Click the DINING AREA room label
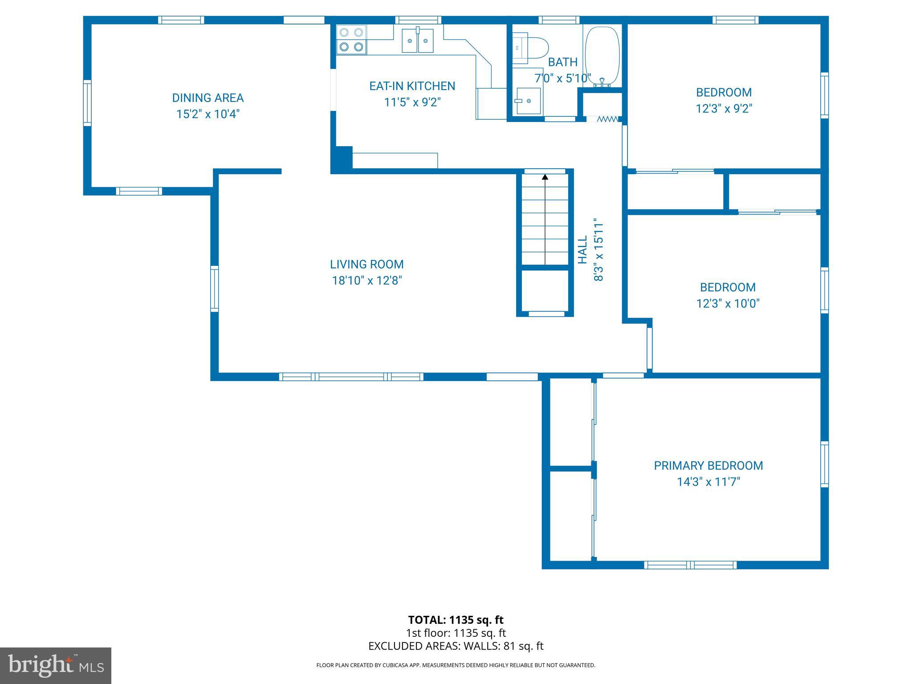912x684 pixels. (208, 98)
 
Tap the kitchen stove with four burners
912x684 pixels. (351, 40)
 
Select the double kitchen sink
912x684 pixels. (417, 41)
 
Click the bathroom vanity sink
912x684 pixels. (528, 101)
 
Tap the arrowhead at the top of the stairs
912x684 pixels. (545, 177)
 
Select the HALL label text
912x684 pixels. (582, 250)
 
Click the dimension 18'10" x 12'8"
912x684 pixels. (367, 281)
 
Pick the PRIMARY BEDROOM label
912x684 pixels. (708, 466)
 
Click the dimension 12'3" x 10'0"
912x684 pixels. (728, 304)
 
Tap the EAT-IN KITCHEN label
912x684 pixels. (412, 86)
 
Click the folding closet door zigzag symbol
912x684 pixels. (607, 119)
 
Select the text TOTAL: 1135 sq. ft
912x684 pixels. (456, 620)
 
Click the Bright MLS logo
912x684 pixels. (56, 666)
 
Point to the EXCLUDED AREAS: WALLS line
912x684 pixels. (456, 646)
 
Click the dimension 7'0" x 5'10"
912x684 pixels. (562, 78)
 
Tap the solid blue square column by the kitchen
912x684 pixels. (342, 158)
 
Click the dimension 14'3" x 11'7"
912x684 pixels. (708, 482)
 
